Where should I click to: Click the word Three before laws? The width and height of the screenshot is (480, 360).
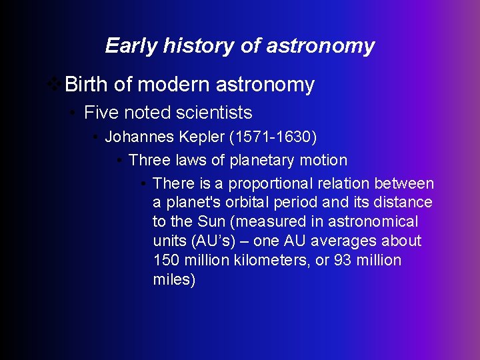149,160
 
